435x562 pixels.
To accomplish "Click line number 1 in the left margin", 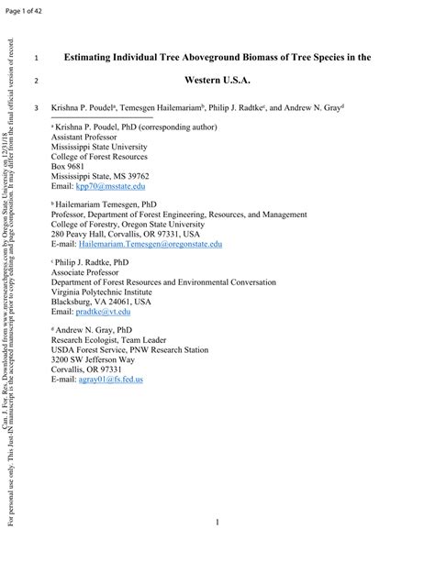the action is click(36, 58).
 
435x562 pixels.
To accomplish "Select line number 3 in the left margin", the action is click(36, 107).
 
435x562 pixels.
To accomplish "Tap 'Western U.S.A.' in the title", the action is click(217, 81).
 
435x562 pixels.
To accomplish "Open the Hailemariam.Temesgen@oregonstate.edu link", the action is click(151, 245).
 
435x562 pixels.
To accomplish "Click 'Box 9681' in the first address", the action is click(70, 166).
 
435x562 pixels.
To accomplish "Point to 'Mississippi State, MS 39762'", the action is click(100, 176).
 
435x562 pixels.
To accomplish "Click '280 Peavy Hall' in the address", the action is click(80, 234).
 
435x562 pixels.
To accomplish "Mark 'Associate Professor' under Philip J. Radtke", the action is click(88, 272).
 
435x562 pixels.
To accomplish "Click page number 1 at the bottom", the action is click(217, 523).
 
